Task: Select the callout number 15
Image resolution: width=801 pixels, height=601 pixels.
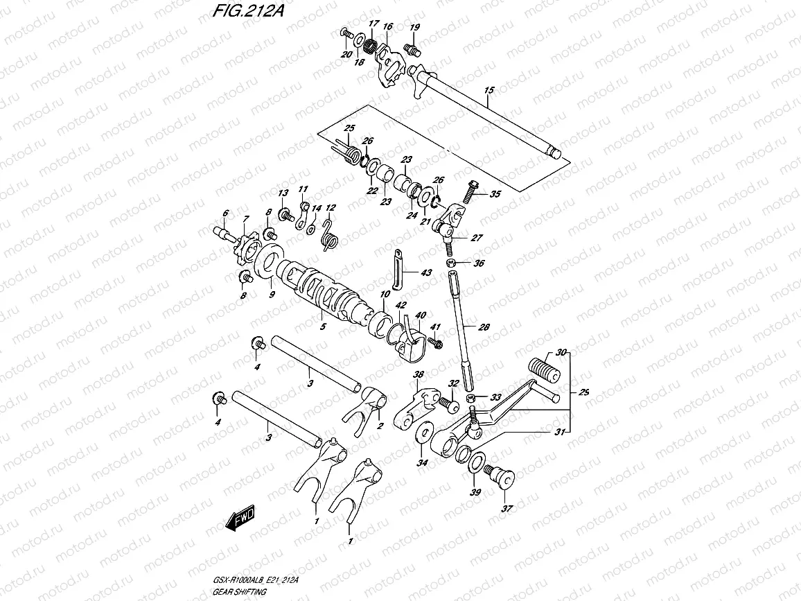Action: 488,91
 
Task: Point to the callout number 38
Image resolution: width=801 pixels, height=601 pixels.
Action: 418,376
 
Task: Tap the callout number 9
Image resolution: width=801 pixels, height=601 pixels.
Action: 272,294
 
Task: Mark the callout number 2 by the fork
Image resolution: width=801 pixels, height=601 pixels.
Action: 379,426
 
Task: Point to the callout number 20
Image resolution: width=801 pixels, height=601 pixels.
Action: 345,54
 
